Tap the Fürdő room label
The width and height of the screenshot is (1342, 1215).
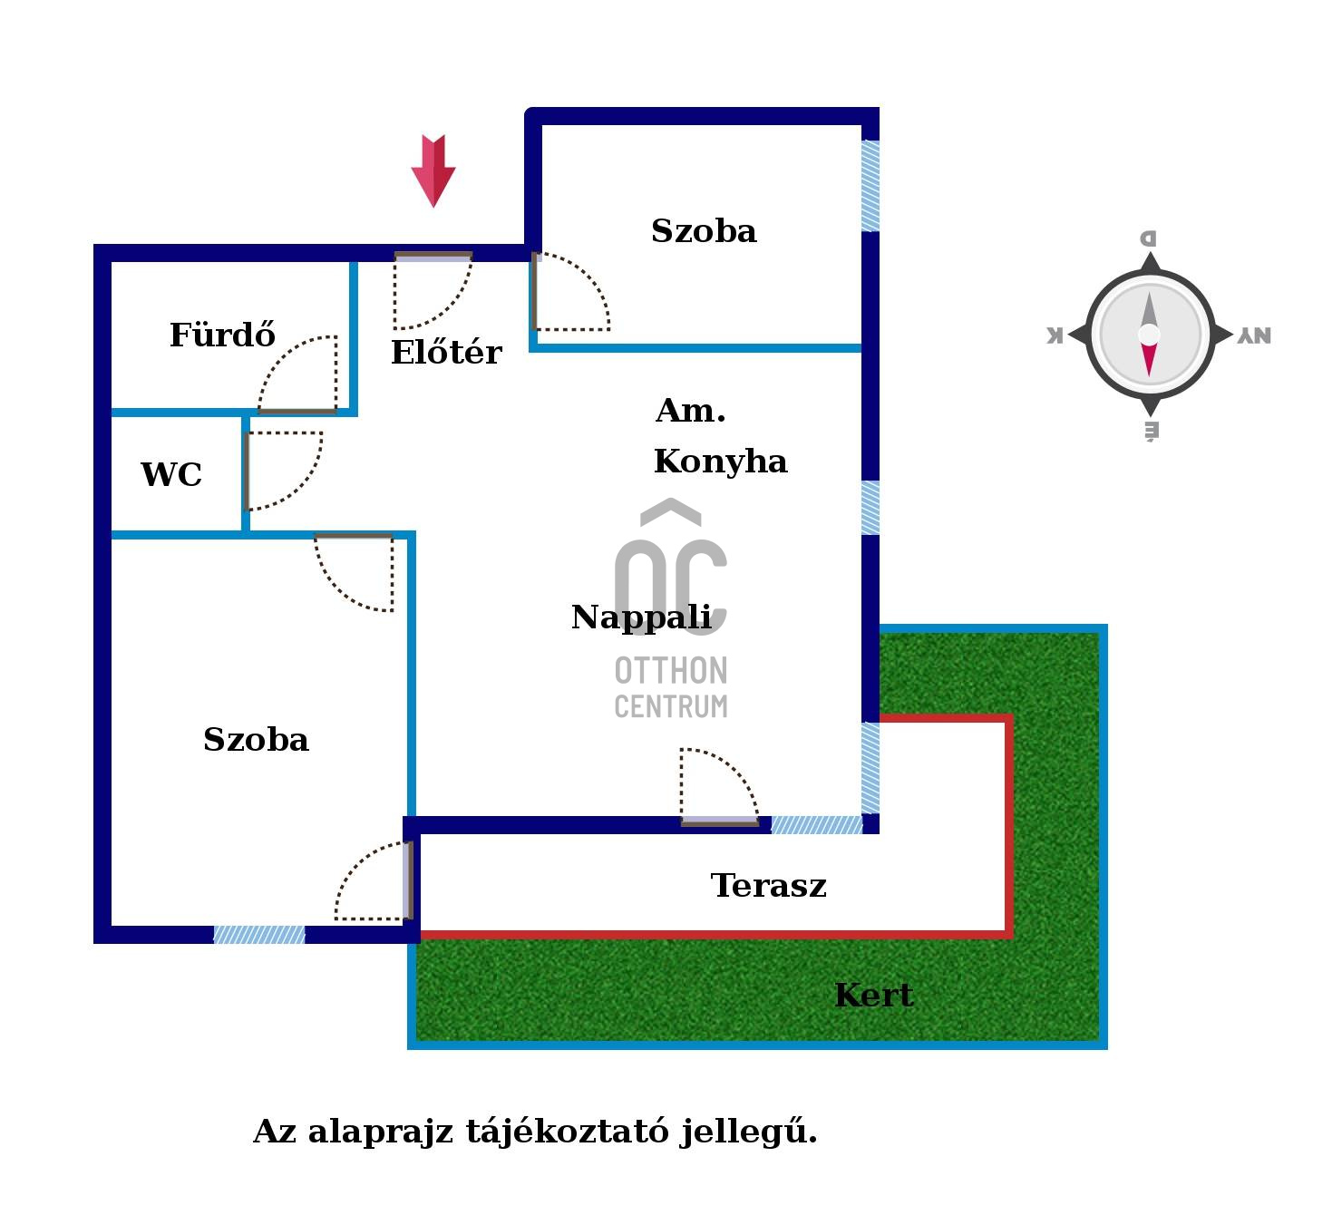point(222,335)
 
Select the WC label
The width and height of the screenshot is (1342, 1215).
point(170,474)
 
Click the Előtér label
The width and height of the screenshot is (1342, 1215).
point(445,352)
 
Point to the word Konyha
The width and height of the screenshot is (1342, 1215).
point(720,462)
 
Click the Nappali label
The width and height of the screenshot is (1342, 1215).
point(641,617)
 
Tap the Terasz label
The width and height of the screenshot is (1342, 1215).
point(768,886)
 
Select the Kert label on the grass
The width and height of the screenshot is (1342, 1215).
point(873,996)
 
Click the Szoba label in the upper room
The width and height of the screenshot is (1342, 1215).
point(704,231)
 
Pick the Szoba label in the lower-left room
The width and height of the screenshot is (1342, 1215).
point(256,740)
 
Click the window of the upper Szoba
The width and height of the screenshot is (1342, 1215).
point(870,186)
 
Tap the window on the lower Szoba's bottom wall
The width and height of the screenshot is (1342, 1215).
point(259,935)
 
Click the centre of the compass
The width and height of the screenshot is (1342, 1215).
point(1149,335)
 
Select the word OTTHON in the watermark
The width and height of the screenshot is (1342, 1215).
point(671,671)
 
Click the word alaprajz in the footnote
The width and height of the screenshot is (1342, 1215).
point(381,1132)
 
